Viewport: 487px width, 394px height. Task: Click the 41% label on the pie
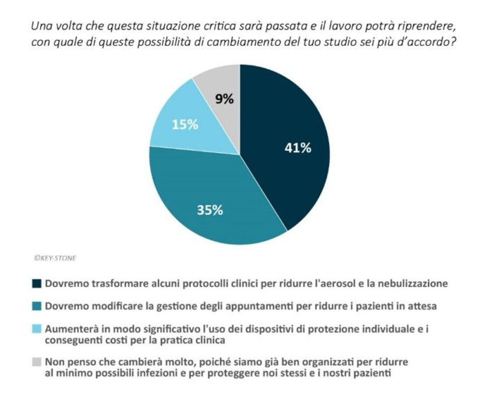[298, 148]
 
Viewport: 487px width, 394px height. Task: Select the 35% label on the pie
[210, 210]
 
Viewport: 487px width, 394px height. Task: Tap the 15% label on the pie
[185, 125]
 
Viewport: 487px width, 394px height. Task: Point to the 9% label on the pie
[224, 99]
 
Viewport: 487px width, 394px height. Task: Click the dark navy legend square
[37, 284]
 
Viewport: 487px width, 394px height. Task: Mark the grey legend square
[37, 362]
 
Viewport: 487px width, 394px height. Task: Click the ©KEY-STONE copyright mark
[55, 258]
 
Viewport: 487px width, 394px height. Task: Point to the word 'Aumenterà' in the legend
[68, 329]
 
